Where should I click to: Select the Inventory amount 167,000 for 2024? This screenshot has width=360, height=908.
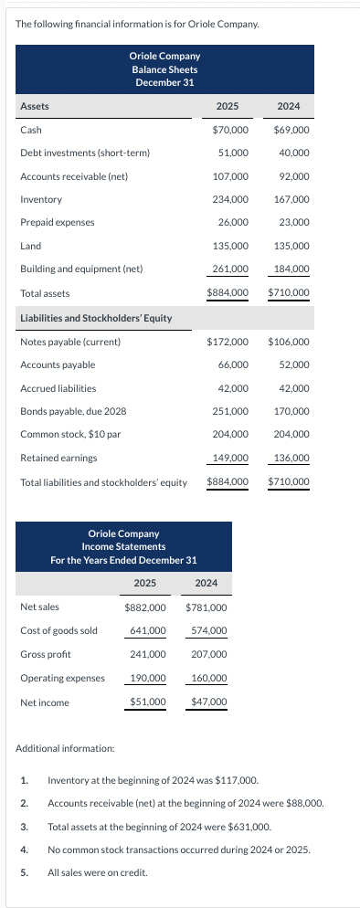tap(292, 199)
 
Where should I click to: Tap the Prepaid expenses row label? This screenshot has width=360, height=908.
tap(57, 223)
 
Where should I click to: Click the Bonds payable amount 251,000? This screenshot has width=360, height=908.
tap(230, 412)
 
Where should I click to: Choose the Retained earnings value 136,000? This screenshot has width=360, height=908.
tap(292, 459)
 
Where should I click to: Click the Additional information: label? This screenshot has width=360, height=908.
tap(64, 749)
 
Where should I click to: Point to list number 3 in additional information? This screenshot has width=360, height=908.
tap(24, 826)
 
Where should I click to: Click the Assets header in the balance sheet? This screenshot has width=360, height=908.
tap(35, 107)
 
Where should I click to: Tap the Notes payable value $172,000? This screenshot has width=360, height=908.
tap(228, 342)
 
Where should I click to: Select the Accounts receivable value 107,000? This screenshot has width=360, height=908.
tap(230, 176)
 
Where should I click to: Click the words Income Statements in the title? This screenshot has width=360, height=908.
tap(123, 546)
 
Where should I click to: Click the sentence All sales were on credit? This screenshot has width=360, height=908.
tap(97, 871)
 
